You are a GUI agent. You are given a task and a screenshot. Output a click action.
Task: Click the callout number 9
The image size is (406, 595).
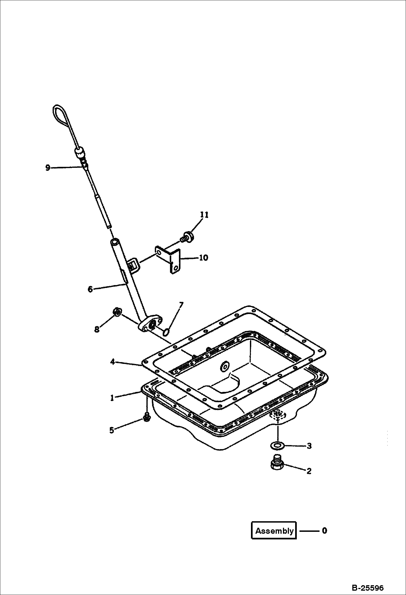point(48,168)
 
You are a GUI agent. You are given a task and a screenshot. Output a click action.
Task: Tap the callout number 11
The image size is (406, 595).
point(204,215)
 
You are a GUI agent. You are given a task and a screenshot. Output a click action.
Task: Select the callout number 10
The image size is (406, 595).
point(203,257)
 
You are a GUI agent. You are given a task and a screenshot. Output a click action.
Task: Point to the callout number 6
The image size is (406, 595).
point(90,289)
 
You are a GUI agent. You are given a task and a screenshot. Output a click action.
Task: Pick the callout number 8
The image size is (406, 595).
point(97,329)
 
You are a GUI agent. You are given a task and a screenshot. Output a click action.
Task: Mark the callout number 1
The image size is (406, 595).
point(112,398)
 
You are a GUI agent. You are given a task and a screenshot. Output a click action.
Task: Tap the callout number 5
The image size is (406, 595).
point(112,430)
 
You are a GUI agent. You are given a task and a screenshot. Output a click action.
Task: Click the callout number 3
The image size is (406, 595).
point(309,446)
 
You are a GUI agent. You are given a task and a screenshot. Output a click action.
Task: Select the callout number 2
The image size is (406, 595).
point(309,471)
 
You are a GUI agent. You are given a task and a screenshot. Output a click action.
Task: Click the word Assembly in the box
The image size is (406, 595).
point(274,531)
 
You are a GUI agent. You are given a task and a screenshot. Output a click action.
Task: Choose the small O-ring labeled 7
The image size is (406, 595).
point(166,331)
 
